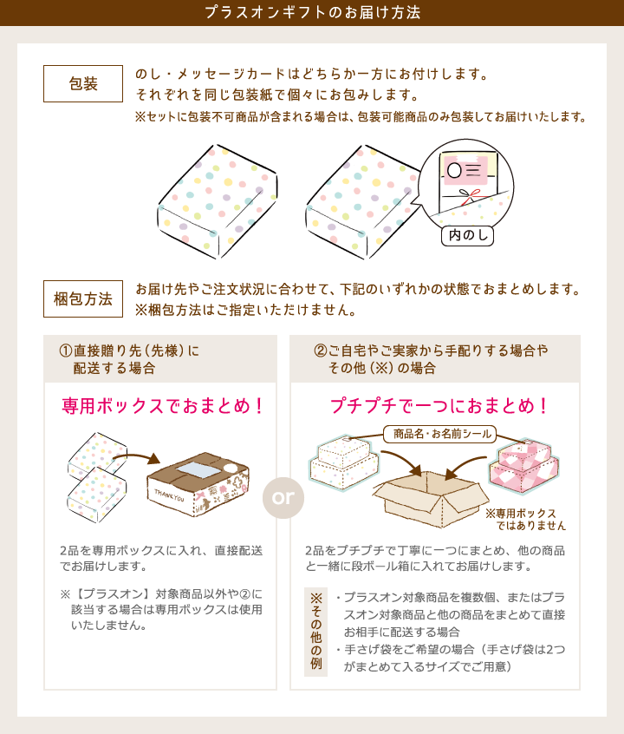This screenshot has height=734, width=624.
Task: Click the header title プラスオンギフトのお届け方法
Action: coord(312,13)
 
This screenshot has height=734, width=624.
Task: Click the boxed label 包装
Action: coord(83,84)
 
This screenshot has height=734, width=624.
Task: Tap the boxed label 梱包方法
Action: coord(83,299)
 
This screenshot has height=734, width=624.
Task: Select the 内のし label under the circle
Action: coord(467,235)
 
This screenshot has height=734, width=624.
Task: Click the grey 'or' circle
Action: coord(283,498)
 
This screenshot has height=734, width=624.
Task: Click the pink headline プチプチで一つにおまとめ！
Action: coord(439,406)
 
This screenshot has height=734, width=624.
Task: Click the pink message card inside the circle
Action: coord(465,169)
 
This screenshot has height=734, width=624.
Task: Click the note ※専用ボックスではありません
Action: coord(526,520)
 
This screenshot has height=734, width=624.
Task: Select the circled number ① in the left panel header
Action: coord(65,351)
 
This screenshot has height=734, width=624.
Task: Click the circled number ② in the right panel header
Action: coord(321,351)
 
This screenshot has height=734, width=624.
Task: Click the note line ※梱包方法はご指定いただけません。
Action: coord(245,310)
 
